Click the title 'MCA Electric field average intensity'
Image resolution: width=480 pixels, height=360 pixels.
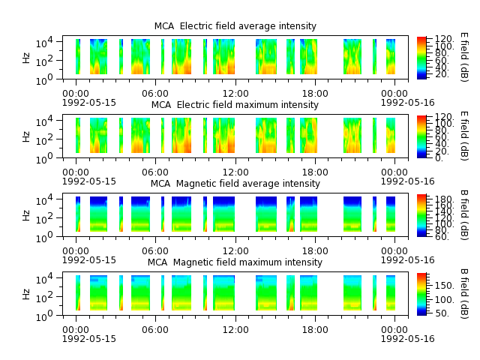(x=235, y=26)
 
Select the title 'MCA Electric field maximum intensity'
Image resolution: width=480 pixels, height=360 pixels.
(x=235, y=105)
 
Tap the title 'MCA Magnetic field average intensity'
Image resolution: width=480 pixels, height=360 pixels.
(x=235, y=184)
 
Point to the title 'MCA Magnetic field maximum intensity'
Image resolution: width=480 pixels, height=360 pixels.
(x=235, y=262)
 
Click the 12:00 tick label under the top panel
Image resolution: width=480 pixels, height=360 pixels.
(x=235, y=93)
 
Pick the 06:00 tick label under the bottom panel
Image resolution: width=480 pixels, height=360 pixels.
(x=155, y=330)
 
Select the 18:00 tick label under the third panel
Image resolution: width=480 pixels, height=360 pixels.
(x=315, y=251)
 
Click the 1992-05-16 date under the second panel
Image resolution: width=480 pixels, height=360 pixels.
(x=407, y=181)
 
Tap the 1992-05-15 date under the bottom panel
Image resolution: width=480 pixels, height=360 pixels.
(x=89, y=339)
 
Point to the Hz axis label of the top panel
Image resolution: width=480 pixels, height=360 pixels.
(x=26, y=58)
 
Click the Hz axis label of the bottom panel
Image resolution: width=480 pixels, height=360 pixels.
(x=26, y=294)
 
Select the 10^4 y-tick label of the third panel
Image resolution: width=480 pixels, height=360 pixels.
(x=44, y=200)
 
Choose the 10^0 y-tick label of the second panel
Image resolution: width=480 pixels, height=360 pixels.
(x=44, y=158)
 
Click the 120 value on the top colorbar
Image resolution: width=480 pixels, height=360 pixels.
(x=444, y=39)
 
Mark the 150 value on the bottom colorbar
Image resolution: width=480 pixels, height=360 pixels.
(x=444, y=286)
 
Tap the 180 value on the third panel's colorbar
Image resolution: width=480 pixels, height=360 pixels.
(x=444, y=199)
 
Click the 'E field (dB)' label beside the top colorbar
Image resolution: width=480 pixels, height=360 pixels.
(x=464, y=57)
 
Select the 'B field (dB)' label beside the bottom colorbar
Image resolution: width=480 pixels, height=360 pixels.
(x=464, y=294)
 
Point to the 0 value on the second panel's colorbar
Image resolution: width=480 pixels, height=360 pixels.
(x=439, y=158)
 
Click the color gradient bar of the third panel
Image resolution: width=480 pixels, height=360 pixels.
(x=421, y=215)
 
